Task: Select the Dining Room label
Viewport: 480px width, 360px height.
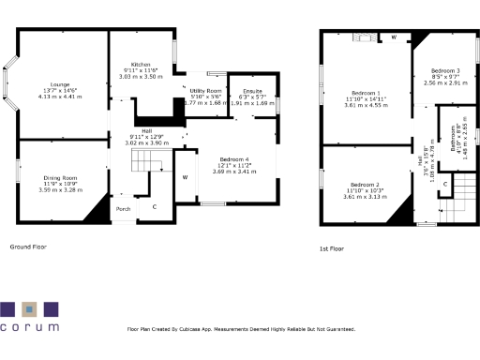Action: click(x=61, y=177)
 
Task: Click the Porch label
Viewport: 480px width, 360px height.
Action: click(x=123, y=208)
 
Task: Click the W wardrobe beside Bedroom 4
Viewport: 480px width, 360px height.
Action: click(x=185, y=177)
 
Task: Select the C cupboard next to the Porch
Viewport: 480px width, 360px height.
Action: click(x=155, y=205)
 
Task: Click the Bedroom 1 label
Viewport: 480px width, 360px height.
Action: click(x=366, y=93)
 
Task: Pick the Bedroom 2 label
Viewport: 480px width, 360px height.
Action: click(x=365, y=184)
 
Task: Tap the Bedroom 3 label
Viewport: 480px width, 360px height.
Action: click(x=445, y=71)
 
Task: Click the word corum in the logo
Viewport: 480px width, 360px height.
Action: click(x=29, y=328)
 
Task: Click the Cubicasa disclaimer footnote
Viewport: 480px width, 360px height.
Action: click(x=241, y=329)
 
